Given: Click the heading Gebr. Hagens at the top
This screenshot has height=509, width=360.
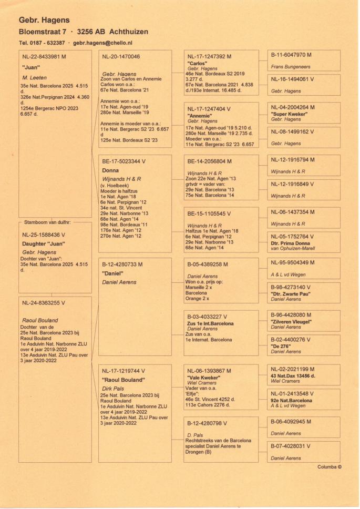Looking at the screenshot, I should (x=44, y=20).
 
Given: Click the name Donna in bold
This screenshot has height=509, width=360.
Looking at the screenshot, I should (x=110, y=171).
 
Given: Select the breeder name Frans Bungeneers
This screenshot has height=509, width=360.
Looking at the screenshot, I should (x=291, y=67).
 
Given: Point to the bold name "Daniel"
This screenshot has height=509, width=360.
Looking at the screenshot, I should (x=113, y=274).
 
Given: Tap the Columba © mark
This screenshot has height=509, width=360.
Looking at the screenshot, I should (x=330, y=467).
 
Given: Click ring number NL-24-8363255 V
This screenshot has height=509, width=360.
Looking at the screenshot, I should (x=44, y=303).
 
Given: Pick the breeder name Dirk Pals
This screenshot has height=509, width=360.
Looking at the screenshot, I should (x=113, y=388).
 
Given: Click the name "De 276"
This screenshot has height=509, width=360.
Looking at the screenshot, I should (x=281, y=347).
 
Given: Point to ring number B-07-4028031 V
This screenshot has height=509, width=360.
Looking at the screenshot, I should (x=291, y=446).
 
